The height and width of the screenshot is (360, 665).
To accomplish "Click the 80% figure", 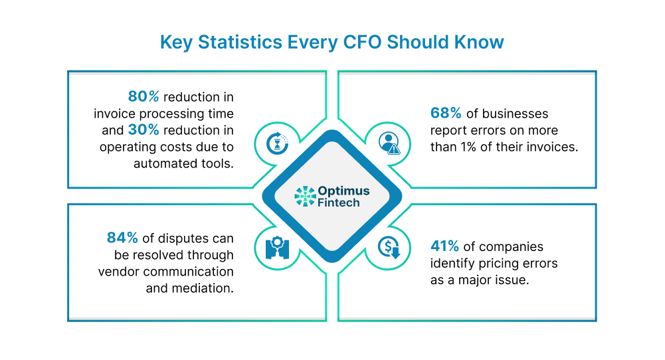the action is coord(143,97).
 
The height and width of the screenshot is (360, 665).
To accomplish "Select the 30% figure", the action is coord(143,130).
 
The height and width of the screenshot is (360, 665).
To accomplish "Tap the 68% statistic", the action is coord(446,113).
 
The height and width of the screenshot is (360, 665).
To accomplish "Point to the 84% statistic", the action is coord(122,238).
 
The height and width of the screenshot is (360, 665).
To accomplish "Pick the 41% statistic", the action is coord(444,246).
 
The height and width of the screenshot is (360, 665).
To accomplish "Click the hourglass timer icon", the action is coord(278,143).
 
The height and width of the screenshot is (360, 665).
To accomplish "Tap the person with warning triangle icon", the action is coord(389,143).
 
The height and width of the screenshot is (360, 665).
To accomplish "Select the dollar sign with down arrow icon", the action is coord(389,247).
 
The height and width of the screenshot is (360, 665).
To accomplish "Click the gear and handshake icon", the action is coord(278,248).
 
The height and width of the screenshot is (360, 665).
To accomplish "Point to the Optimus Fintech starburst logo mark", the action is coord(306,197).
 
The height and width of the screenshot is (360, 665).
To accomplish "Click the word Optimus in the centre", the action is coord(343,191).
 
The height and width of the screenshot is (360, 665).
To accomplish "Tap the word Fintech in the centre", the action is coord(338,203).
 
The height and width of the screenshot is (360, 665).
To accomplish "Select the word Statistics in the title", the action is coord(240,42).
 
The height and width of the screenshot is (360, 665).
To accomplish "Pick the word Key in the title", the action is coord(176,43).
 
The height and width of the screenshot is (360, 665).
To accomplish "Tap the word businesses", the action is coord(515,114).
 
